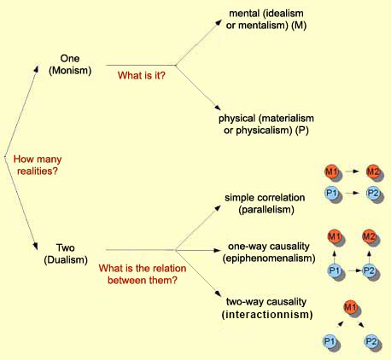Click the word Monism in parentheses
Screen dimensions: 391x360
70,71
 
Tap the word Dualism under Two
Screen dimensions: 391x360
66,260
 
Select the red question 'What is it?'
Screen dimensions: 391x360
142,75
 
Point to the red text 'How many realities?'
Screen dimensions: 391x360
38,165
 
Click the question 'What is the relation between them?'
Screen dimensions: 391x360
143,275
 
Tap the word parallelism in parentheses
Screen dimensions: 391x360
266,210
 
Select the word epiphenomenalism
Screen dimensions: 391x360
269,258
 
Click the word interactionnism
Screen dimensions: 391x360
267,315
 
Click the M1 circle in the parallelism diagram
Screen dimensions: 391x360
331,171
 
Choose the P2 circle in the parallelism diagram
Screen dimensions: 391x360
373,193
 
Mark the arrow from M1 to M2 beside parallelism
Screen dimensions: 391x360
353,171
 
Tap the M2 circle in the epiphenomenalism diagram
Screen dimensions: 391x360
369,236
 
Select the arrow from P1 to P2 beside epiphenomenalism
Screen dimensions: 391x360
355,270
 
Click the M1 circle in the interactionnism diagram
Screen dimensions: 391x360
350,307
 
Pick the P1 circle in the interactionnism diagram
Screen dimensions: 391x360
330,340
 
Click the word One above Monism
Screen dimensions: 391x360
70,59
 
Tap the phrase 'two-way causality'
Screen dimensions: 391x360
266,301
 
